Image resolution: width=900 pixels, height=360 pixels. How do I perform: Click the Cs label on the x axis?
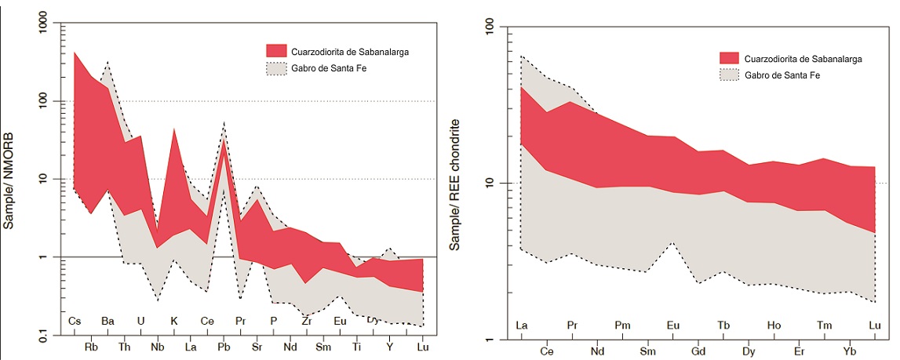75,321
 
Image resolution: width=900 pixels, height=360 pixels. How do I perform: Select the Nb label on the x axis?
158,347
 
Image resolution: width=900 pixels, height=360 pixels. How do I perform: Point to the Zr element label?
307,321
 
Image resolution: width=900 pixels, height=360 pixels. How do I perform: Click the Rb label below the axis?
91,347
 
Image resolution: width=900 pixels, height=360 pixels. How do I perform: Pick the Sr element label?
257,347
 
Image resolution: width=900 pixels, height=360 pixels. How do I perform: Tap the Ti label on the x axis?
357,347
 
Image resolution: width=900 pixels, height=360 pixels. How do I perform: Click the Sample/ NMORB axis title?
9,180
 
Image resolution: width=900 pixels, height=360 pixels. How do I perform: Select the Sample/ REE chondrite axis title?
454,185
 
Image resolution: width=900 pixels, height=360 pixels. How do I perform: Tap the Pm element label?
622,325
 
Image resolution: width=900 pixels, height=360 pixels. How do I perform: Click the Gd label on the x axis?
698,351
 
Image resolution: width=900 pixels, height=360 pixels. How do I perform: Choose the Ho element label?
774,325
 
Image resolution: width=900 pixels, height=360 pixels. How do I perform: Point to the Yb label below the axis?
850,351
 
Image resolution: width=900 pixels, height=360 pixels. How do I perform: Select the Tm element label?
824,325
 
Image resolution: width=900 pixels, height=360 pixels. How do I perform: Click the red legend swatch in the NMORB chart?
277,51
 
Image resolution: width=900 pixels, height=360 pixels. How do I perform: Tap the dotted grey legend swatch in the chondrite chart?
731,75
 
